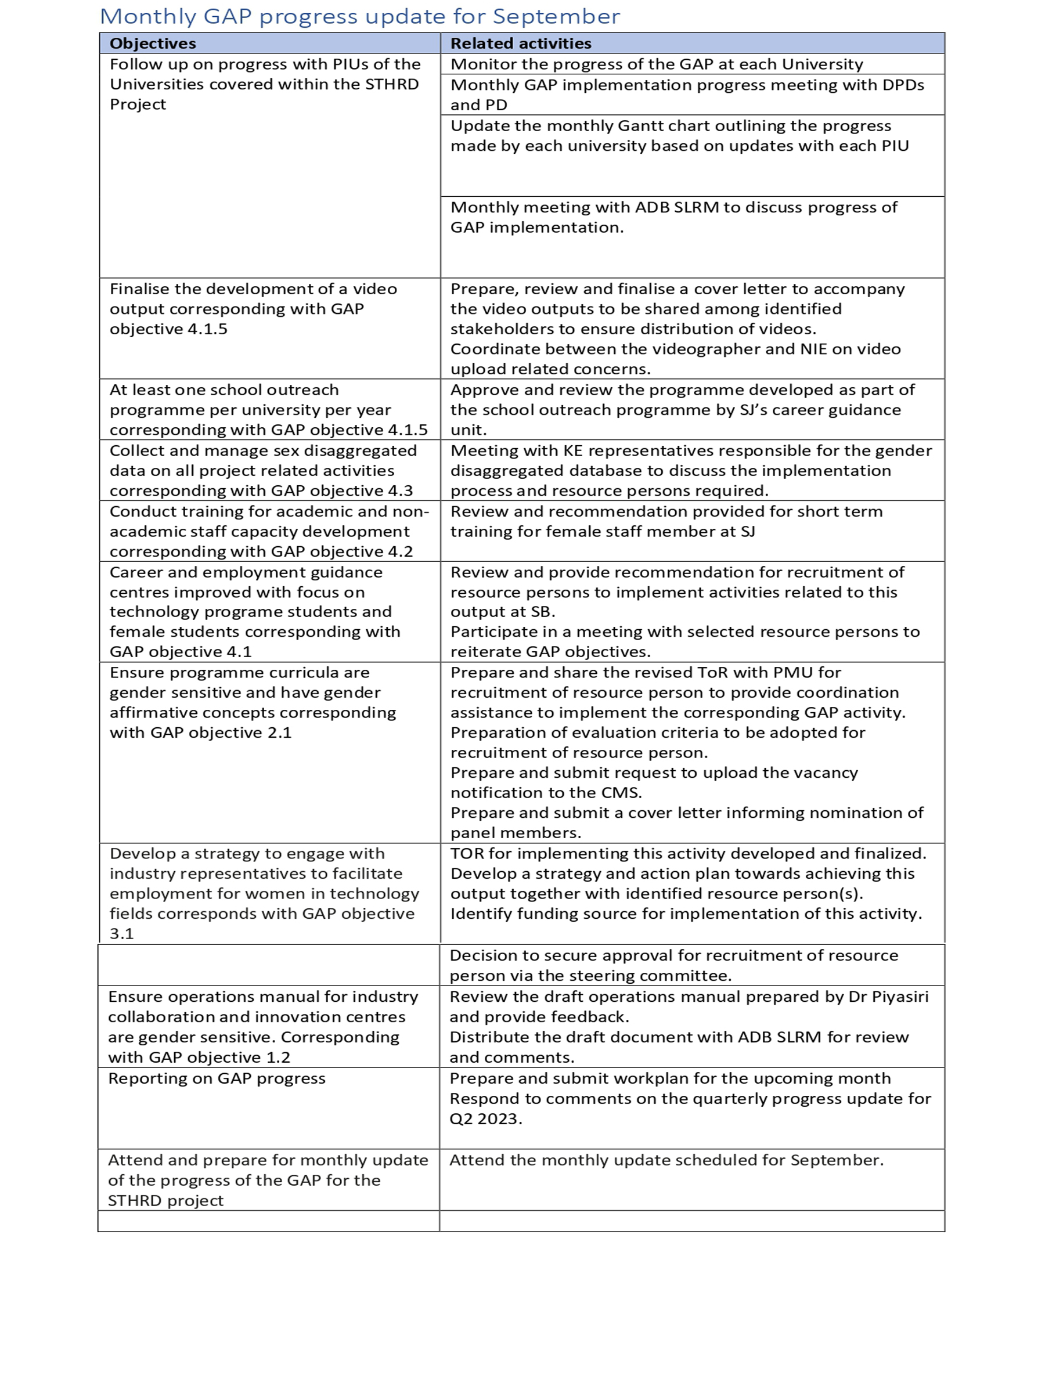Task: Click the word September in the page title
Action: [556, 16]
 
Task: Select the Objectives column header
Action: [153, 44]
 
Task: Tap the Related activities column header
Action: [520, 44]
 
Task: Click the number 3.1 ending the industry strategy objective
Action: [121, 934]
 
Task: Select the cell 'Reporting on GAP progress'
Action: [217, 1079]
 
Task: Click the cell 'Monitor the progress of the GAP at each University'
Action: [657, 64]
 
